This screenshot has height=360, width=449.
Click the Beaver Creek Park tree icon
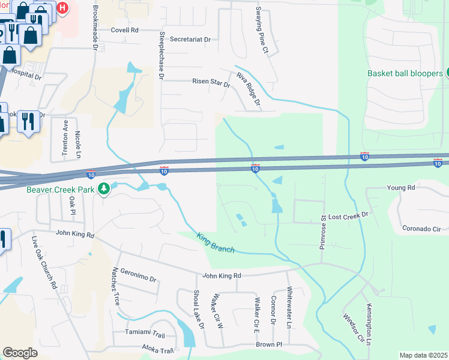pos(104,189)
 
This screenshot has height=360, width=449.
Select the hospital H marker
pos(62,8)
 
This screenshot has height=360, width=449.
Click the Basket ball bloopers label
pos(405,73)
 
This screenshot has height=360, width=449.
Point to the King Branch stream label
pos(215,242)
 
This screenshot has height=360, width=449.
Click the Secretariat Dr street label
pos(190,40)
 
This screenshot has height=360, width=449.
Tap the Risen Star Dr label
pos(211,82)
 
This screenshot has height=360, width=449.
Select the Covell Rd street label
pos(125,30)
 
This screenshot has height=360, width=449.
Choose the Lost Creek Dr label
pos(348,214)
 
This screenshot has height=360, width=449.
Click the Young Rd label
pos(401,188)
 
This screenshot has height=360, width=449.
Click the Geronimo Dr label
pos(137,275)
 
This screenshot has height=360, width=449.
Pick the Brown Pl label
pos(268,344)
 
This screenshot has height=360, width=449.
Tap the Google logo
pos(20,353)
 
